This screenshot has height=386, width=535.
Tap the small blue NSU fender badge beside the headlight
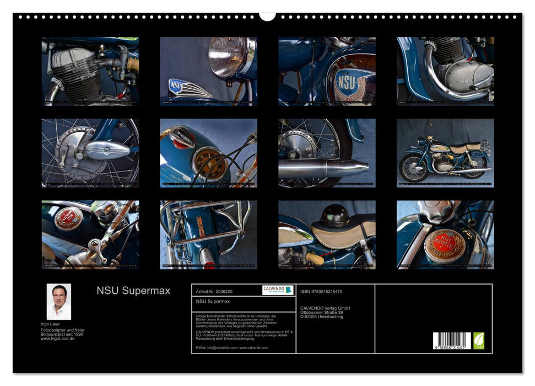[x=176, y=86]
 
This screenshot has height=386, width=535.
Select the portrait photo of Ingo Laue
[x=58, y=302]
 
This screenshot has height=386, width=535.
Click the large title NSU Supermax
[x=133, y=291]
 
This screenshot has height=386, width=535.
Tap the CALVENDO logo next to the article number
[x=278, y=290]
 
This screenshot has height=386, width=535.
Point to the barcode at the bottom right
[x=452, y=341]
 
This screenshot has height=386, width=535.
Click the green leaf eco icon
[x=479, y=341]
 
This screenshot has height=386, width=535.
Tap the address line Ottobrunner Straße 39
[x=325, y=312]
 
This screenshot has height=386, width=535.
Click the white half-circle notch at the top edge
[x=267, y=16]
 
